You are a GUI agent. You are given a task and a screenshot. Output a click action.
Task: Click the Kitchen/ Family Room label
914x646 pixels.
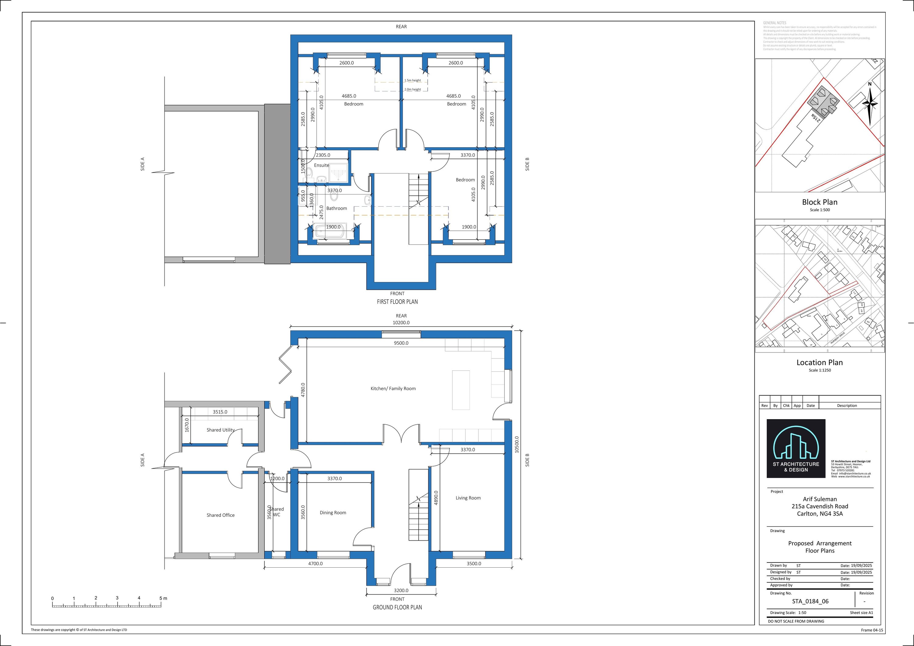pyautogui.click(x=393, y=389)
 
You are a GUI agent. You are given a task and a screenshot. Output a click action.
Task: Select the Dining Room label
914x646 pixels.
pyautogui.click(x=333, y=512)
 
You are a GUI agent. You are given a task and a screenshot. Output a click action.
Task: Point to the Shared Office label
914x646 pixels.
pyautogui.click(x=221, y=515)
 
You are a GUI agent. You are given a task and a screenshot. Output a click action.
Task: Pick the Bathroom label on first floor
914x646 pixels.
pyautogui.click(x=336, y=208)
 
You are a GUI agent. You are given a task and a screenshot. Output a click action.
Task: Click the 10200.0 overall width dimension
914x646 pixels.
pyautogui.click(x=401, y=323)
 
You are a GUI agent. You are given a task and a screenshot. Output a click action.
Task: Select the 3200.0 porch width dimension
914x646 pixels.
pyautogui.click(x=401, y=590)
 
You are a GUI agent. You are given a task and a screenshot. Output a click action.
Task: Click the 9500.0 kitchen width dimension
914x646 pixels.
pyautogui.click(x=401, y=343)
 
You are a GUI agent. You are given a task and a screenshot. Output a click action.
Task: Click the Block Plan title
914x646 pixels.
pyautogui.click(x=820, y=202)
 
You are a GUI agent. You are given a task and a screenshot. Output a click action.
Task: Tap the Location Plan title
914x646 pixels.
pyautogui.click(x=820, y=362)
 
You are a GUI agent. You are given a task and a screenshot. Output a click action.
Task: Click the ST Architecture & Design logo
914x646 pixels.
pyautogui.click(x=796, y=448)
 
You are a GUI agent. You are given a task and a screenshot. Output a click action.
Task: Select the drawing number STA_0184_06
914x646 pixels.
pyautogui.click(x=810, y=601)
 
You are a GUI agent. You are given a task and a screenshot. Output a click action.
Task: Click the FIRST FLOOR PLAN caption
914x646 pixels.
pyautogui.click(x=397, y=302)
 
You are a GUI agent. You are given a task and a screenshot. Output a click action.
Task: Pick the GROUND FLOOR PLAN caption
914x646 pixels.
pyautogui.click(x=397, y=607)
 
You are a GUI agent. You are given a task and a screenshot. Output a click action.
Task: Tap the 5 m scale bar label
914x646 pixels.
pyautogui.click(x=163, y=598)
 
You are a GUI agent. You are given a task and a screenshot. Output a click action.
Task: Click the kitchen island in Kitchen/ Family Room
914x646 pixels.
pyautogui.click(x=461, y=390)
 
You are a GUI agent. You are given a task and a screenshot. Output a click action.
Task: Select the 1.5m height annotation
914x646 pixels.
pyautogui.click(x=413, y=80)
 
